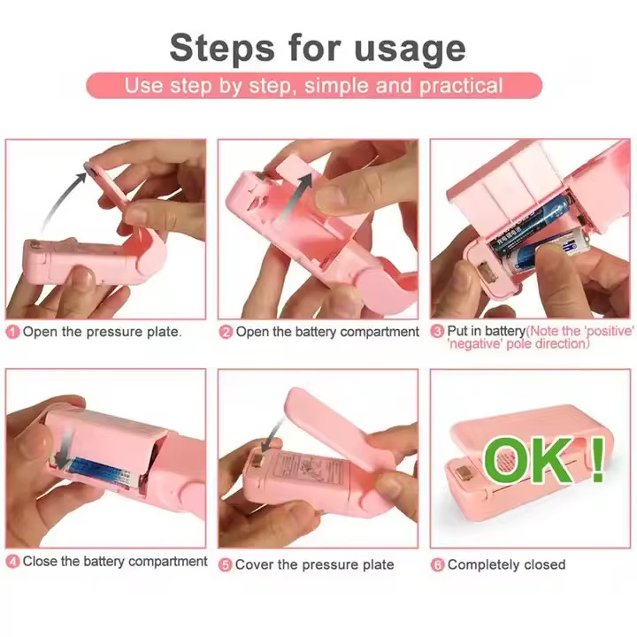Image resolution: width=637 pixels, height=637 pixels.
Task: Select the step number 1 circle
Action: (13, 332)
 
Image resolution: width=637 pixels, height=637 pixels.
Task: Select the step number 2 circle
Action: (226, 332)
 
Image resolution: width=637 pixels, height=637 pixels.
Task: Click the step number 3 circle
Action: (437, 332)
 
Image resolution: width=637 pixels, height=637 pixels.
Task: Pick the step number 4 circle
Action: (13, 562)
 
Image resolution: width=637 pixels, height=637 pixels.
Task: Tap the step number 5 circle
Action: (226, 564)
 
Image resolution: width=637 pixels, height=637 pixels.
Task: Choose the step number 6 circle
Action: (437, 564)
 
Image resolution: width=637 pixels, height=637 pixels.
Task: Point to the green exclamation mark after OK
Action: (598, 458)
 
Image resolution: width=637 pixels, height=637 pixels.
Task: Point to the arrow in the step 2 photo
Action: (303, 189)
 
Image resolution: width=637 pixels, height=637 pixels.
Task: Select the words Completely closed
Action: (506, 564)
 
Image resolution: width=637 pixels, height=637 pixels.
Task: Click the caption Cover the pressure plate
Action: (314, 564)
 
